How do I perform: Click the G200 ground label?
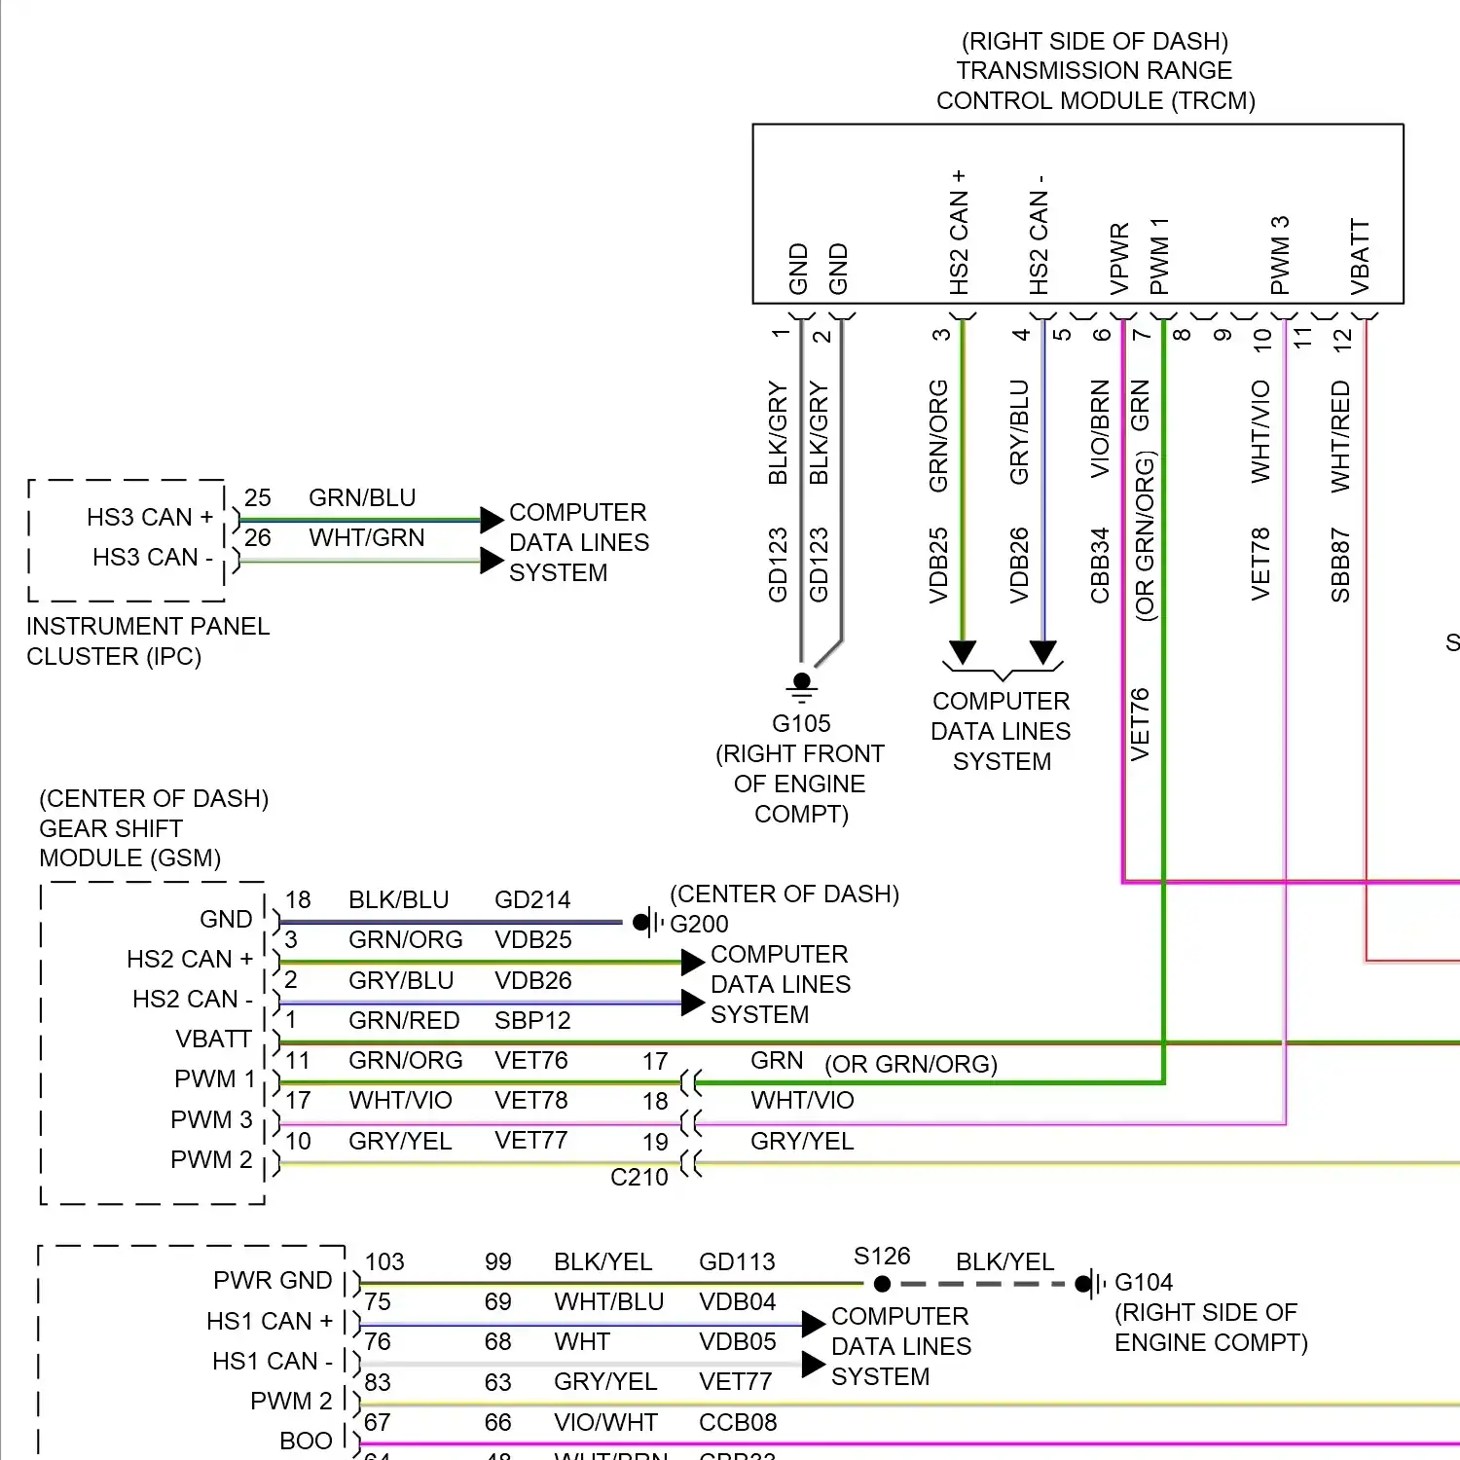point(699,924)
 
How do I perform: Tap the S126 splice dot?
point(882,1284)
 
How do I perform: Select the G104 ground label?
point(1144,1282)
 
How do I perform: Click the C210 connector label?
point(639,1177)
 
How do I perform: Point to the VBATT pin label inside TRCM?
point(1360,257)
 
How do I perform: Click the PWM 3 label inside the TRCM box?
point(1280,255)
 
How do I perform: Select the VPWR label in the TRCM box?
point(1119,259)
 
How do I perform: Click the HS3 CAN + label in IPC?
point(150,517)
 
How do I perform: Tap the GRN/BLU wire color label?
point(362,497)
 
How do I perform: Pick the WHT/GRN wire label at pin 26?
point(367,537)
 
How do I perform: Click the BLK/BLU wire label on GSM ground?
point(399,899)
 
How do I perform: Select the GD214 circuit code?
point(532,899)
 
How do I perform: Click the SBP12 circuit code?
point(532,1020)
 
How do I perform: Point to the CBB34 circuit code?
point(1100,566)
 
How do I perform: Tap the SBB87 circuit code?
point(1340,566)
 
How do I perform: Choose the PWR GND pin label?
point(273,1280)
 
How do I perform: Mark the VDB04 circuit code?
point(738,1301)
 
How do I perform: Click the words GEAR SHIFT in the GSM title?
point(111,828)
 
